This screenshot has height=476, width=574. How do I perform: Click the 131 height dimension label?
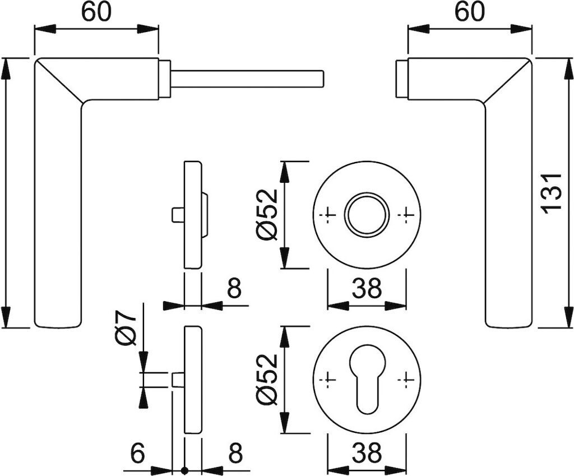(x=553, y=192)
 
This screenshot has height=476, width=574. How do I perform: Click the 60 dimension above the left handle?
(x=96, y=12)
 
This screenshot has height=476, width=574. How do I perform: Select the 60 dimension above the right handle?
(x=469, y=12)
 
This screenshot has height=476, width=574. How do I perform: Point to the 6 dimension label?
(x=138, y=452)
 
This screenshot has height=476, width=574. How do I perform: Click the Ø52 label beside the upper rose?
(x=267, y=215)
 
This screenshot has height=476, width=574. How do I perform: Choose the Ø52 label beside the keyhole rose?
(x=267, y=380)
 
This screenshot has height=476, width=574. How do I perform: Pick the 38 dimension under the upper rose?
(x=367, y=289)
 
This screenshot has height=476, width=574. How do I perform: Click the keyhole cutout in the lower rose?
(x=367, y=381)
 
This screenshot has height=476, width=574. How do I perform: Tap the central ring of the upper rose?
(x=367, y=215)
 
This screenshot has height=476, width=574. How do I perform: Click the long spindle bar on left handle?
(x=247, y=79)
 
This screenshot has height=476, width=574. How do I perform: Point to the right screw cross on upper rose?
(x=405, y=215)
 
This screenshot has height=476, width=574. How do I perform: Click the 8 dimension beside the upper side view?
(x=234, y=289)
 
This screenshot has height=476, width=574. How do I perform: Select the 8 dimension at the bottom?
(x=234, y=452)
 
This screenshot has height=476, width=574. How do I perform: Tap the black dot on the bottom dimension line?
(x=184, y=470)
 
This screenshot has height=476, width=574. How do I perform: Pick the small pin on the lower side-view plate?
(x=178, y=380)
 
